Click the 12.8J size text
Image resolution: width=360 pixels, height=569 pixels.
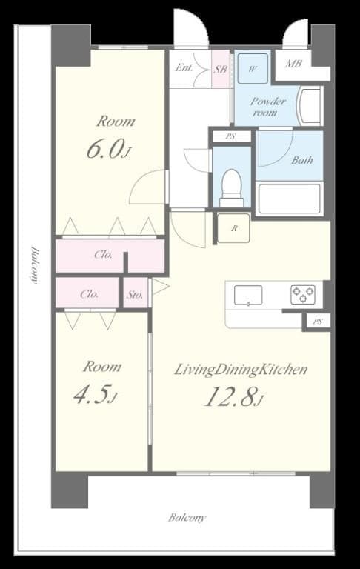(x=233, y=398)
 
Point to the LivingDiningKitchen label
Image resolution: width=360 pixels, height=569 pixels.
(x=240, y=370)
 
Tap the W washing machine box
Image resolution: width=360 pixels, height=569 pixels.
(x=253, y=69)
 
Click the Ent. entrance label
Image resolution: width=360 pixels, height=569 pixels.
(x=184, y=69)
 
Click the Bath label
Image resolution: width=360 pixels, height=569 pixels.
(x=301, y=159)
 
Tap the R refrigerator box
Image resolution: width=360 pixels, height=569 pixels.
(x=233, y=228)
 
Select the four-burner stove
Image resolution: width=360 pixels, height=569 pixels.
(x=302, y=294)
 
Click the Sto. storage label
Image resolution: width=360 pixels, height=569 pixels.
(x=134, y=294)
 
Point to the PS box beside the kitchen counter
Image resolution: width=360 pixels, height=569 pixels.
(x=317, y=321)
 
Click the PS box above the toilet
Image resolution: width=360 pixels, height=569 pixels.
(x=231, y=136)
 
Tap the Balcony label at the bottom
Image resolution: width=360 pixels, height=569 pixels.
(x=187, y=518)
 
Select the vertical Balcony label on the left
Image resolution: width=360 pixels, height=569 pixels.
(x=34, y=264)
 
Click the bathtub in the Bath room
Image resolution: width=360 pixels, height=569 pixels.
(x=288, y=198)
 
